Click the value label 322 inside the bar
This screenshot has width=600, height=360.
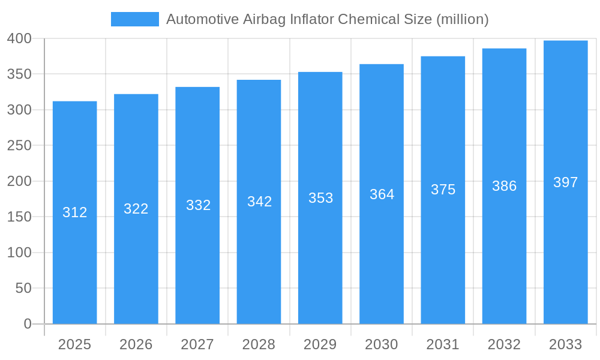click(136, 209)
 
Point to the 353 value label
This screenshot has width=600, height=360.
click(320, 198)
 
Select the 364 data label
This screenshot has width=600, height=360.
click(382, 194)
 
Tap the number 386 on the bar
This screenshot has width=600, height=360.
click(504, 186)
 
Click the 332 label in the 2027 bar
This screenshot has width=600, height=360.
click(198, 205)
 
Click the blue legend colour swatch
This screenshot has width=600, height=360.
click(135, 19)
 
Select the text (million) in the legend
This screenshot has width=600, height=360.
click(462, 19)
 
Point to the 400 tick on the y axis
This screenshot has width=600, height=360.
click(19, 39)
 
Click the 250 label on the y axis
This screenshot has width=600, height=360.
click(19, 146)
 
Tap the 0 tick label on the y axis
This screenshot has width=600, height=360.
click(27, 324)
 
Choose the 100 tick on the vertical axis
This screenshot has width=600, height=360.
click(19, 253)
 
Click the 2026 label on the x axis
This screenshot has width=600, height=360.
click(136, 344)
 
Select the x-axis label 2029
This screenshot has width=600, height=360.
click(320, 344)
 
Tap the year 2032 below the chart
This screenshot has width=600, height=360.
click(504, 344)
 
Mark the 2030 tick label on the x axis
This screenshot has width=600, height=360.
click(382, 344)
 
